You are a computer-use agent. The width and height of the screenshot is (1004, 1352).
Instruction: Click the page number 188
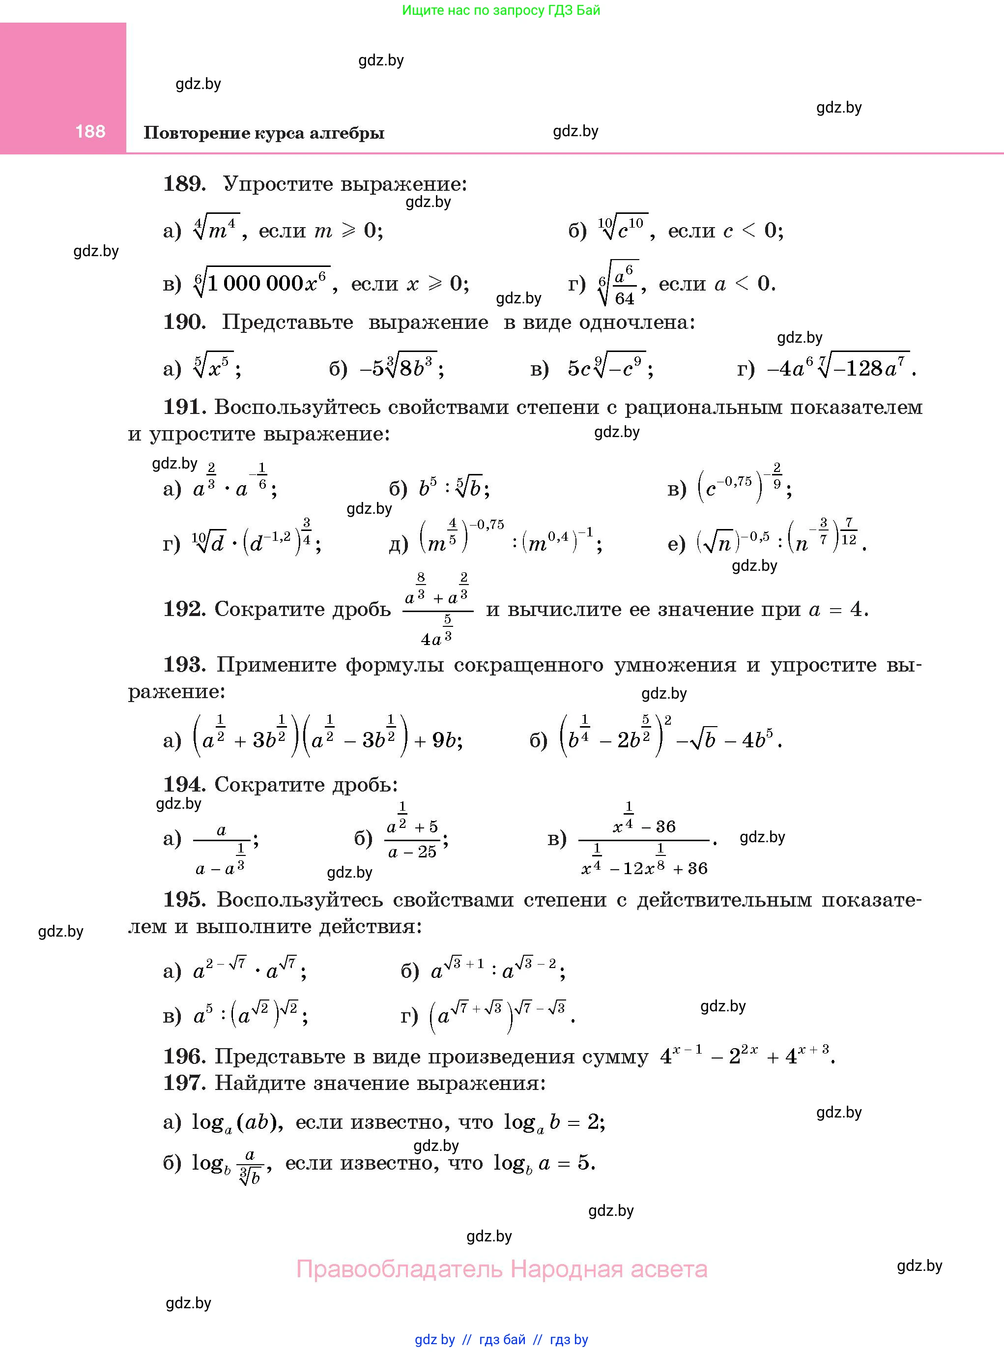[90, 131]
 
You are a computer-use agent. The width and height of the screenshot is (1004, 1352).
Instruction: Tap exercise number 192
[184, 609]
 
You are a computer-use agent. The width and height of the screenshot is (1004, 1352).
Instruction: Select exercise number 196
[184, 1056]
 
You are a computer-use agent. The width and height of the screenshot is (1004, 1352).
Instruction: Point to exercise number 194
[184, 784]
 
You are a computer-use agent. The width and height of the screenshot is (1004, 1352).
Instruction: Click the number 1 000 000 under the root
[255, 284]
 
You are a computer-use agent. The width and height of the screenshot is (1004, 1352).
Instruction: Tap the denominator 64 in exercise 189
[624, 298]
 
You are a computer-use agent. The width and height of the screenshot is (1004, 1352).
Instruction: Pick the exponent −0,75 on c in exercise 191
[734, 481]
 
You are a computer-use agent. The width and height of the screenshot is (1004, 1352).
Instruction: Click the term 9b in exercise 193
[446, 740]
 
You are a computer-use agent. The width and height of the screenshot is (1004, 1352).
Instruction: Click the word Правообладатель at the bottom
[400, 1269]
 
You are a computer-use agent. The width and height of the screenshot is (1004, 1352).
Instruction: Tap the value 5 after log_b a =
[583, 1162]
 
